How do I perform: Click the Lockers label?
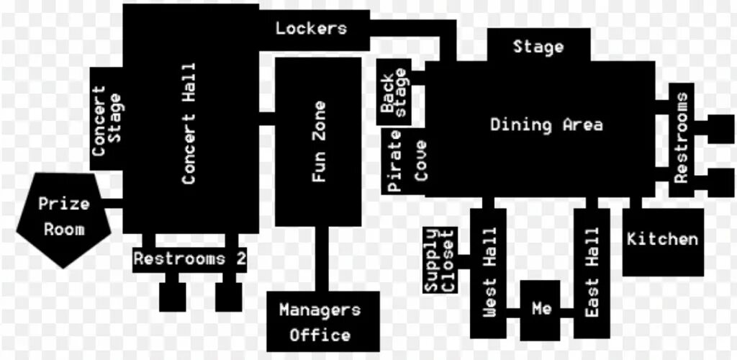point(311,29)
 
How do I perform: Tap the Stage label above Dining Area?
point(538,48)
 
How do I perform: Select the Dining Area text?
point(546,125)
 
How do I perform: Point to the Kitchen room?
point(662,240)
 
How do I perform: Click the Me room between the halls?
point(541,309)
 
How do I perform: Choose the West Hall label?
point(489,272)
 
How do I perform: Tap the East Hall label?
point(592,272)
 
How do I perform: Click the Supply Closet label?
point(439,261)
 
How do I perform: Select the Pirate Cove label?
point(407,165)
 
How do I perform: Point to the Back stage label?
point(394,94)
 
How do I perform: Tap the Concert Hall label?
point(189,123)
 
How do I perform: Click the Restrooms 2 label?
point(190,258)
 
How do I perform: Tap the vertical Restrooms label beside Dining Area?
point(681,138)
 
